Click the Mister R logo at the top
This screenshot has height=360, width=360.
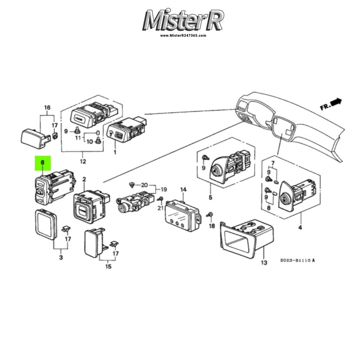[183, 20]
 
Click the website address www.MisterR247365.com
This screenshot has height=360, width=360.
[183, 36]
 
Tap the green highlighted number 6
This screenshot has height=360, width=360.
[43, 163]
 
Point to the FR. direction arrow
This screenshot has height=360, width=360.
[331, 104]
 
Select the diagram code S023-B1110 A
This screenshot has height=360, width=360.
[298, 260]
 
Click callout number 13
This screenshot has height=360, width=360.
[264, 263]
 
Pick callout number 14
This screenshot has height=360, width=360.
[183, 190]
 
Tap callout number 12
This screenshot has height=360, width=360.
[83, 161]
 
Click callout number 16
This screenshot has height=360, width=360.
[47, 107]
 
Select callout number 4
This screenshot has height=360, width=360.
[300, 228]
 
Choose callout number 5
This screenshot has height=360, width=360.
[210, 197]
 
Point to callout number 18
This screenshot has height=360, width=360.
[212, 226]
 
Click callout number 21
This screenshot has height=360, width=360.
[160, 208]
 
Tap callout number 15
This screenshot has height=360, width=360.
[108, 266]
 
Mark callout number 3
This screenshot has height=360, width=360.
[61, 257]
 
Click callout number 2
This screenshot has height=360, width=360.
[84, 179]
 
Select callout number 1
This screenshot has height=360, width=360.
[115, 152]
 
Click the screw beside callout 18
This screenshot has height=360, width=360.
[210, 215]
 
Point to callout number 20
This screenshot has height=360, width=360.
[144, 185]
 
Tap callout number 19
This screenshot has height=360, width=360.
[163, 190]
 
